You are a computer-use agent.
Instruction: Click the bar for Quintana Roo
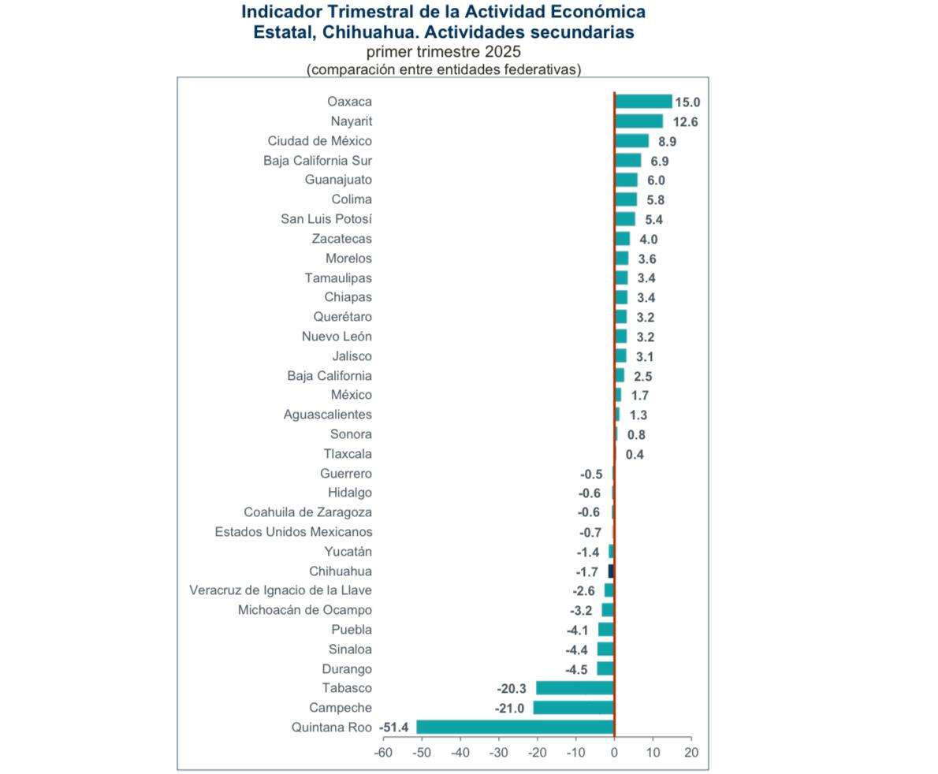click(x=515, y=727)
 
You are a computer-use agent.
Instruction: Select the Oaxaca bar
click(x=643, y=102)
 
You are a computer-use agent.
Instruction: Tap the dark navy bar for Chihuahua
click(x=611, y=571)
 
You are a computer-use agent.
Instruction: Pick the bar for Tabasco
click(x=575, y=688)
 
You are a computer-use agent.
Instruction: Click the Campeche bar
click(x=573, y=708)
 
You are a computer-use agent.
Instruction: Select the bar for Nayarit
click(x=638, y=121)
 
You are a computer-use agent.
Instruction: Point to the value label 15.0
click(x=687, y=102)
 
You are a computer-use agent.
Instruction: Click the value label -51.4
click(x=393, y=727)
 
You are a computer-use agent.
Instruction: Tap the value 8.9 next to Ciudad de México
click(x=667, y=142)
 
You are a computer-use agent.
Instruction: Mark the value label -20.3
click(x=512, y=689)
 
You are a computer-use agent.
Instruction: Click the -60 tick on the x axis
click(x=383, y=753)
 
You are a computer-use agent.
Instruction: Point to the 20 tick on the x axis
click(x=691, y=753)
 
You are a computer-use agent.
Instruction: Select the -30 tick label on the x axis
click(x=498, y=753)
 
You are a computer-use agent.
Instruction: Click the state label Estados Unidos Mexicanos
click(x=293, y=532)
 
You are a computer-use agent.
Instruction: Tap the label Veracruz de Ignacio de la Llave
click(x=281, y=590)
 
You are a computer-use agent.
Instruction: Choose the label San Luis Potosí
click(x=326, y=219)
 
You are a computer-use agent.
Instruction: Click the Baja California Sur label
click(x=318, y=161)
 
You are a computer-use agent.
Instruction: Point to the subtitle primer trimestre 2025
click(x=443, y=52)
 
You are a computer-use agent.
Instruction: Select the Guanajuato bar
click(x=626, y=180)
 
